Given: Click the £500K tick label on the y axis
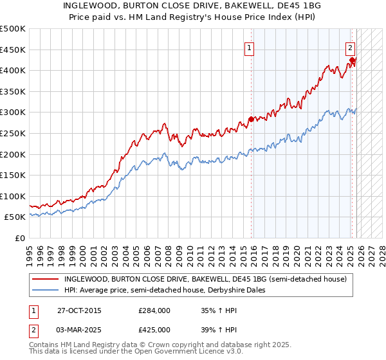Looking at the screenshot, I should [x=13, y=29].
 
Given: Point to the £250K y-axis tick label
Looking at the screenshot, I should [x=13, y=133].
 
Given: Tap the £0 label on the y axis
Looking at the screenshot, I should [x=20, y=238].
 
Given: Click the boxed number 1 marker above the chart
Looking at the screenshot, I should [x=249, y=47].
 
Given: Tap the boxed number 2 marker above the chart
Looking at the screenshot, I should [x=350, y=47].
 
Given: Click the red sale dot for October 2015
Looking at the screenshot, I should [x=251, y=119].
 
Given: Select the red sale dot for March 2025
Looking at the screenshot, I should [x=352, y=60].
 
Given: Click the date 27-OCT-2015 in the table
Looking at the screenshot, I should [x=78, y=310].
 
